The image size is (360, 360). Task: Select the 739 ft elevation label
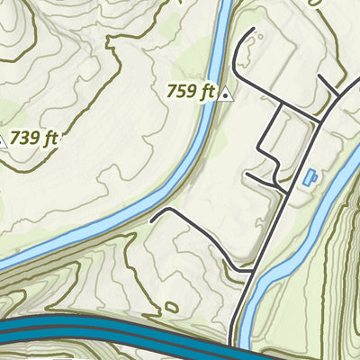tap(35, 139)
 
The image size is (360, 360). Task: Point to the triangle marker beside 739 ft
tap(3, 140)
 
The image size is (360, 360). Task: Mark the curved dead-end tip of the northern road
tap(252, 32)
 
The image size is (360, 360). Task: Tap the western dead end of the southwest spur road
tap(154, 219)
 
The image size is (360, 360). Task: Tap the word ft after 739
tap(49, 139)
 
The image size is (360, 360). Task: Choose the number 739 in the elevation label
tap(25, 139)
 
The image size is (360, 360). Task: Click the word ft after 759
tap(207, 91)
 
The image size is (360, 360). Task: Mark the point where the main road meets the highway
tap(235, 338)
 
